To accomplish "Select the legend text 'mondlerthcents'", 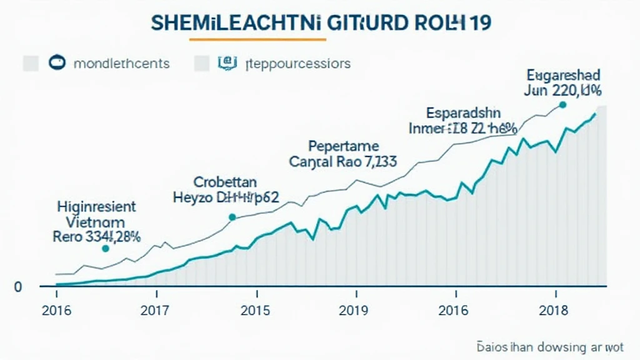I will pos(121,63).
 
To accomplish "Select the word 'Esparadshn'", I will pos(463,113).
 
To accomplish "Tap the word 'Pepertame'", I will pos(344,146).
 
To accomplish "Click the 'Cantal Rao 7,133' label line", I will pos(342,161).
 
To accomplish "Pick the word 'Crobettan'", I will pos(225,182).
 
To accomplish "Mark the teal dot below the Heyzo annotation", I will pos(232,217).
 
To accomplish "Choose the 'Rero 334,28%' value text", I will pos(96,237).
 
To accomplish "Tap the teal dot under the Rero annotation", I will pos(105,248).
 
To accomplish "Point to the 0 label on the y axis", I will pos(18,287).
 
